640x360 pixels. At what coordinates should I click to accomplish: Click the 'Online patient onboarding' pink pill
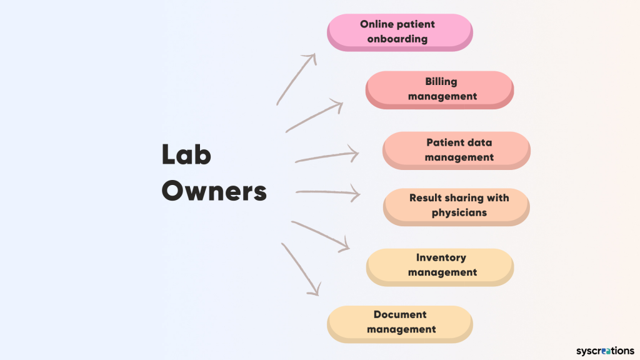coord(400,31)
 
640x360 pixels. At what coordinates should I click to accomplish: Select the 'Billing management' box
coord(439,89)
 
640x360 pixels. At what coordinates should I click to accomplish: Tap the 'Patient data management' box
coord(456,150)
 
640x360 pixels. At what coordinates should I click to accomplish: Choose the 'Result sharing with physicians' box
coord(456,206)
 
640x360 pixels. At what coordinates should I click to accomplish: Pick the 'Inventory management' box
coord(440,265)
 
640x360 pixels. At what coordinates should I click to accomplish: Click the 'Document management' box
coord(400,322)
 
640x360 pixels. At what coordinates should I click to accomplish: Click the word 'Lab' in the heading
coord(186,155)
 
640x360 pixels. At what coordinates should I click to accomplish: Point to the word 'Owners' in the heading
coord(214,191)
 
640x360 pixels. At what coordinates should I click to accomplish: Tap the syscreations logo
coord(604,351)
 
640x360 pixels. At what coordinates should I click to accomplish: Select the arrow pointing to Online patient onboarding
coord(296,79)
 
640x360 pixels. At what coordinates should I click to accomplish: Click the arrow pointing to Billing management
coord(314,116)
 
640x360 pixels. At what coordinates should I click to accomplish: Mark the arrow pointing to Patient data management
coord(327,156)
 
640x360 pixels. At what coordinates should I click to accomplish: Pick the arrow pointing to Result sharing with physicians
coord(328,193)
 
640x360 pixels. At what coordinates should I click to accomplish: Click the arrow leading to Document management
coord(301,269)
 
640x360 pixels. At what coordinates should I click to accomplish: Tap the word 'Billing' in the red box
coord(441,81)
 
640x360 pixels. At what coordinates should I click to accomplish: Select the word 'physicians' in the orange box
coord(459,212)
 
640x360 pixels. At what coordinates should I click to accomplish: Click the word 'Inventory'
coord(441,257)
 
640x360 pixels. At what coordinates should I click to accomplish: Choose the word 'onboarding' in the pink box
coord(397,39)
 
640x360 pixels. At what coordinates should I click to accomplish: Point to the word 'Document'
coord(400,315)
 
